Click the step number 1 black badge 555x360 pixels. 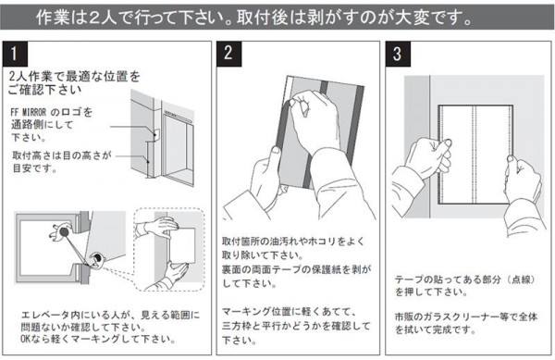point(15,54)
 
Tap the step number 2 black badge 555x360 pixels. point(228,54)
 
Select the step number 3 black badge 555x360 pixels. point(398,54)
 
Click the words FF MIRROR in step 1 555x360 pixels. point(29,113)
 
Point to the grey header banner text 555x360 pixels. point(254,18)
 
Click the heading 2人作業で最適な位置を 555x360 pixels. point(75,77)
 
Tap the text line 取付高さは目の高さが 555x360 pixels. point(62,155)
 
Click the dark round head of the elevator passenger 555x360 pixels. point(64,232)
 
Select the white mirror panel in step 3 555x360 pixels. point(475,155)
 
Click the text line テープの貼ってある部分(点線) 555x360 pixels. point(465,279)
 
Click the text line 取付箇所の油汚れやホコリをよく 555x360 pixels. point(293,242)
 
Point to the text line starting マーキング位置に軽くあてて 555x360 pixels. point(289,312)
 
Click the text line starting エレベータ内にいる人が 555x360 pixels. point(110,315)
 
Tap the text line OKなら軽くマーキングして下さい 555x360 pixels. point(98,339)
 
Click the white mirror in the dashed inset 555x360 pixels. point(182,245)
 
